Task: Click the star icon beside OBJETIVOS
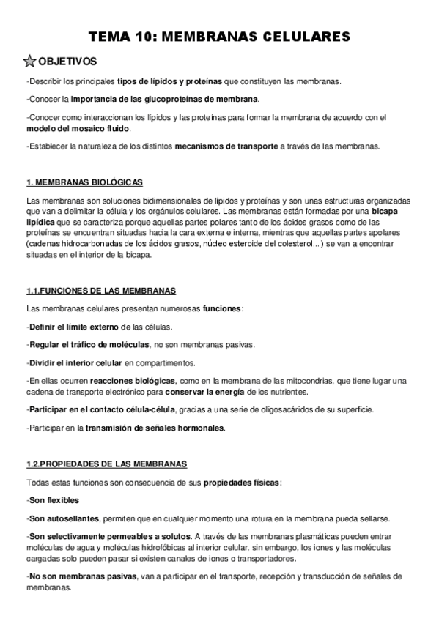(x=31, y=60)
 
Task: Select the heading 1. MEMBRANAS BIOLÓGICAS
(x=84, y=182)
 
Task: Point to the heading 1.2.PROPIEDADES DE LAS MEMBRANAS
(x=106, y=464)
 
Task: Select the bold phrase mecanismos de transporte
(x=226, y=146)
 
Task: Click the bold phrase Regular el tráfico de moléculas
(x=89, y=344)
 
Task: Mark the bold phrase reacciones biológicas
(x=132, y=381)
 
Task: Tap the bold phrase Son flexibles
(x=53, y=500)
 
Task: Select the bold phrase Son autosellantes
(x=63, y=518)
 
